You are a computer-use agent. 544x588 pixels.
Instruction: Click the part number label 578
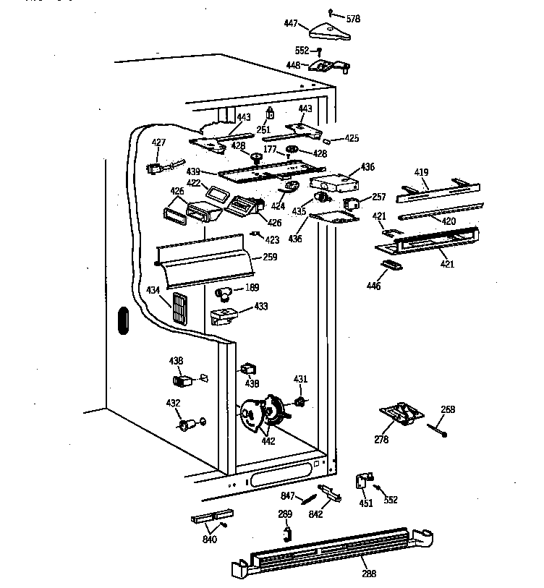coord(353,18)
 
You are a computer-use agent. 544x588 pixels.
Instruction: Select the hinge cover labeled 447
coord(329,30)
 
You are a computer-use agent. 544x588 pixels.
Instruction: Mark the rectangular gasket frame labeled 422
coord(216,193)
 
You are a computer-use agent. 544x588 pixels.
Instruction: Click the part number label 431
coord(300,379)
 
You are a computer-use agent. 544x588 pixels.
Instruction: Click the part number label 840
coord(210,539)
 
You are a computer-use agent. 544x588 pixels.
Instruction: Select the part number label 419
coord(421,172)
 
